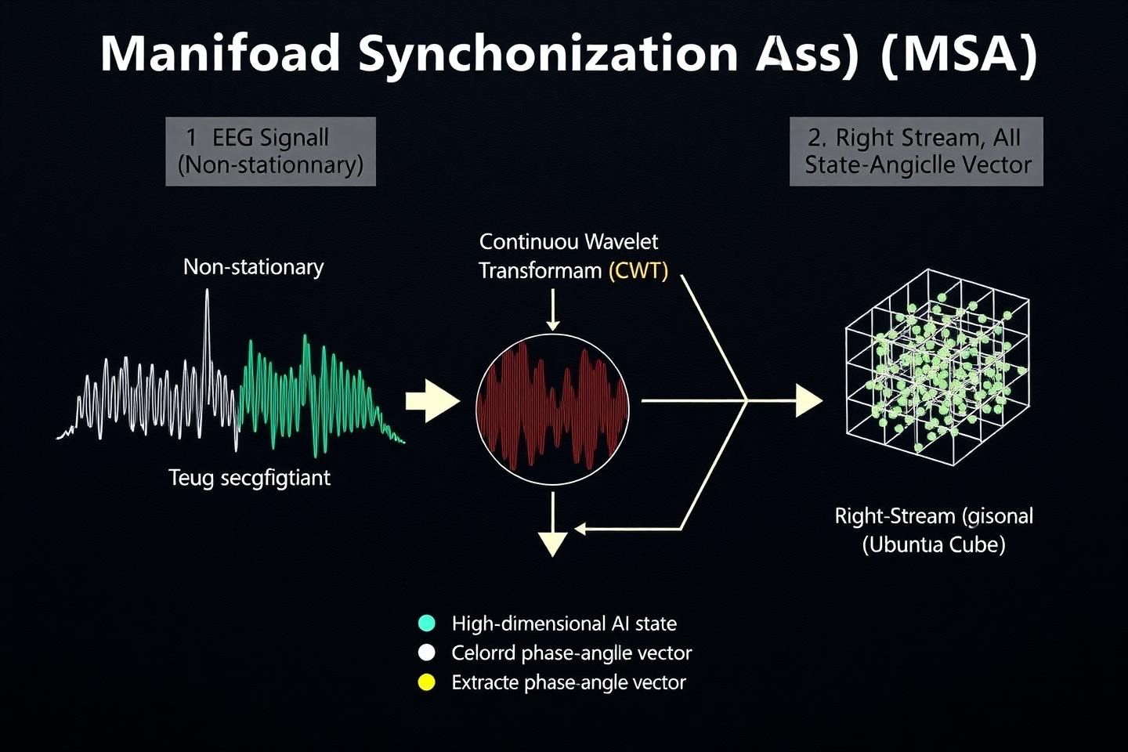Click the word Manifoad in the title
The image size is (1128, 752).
pyautogui.click(x=221, y=53)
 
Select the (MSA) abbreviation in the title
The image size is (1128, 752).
pyautogui.click(x=960, y=54)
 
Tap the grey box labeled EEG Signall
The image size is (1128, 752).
pyautogui.click(x=270, y=152)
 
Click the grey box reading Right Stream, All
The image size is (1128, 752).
pyautogui.click(x=916, y=152)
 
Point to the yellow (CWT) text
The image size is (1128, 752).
pyautogui.click(x=638, y=272)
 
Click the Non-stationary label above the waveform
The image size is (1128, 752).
pyautogui.click(x=253, y=267)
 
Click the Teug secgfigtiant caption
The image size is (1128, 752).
pyautogui.click(x=250, y=478)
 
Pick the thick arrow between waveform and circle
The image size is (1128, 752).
pyautogui.click(x=432, y=401)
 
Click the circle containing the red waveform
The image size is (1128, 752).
pyautogui.click(x=552, y=409)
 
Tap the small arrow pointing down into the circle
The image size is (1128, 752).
pyautogui.click(x=553, y=309)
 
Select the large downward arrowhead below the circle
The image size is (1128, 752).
pyautogui.click(x=553, y=544)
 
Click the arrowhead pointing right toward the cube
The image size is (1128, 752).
pyautogui.click(x=808, y=400)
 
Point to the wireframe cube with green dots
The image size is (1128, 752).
pyautogui.click(x=938, y=367)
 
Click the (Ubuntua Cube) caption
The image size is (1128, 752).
pyautogui.click(x=934, y=545)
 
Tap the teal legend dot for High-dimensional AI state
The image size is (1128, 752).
pyautogui.click(x=426, y=623)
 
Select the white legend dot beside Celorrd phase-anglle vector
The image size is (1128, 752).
pyautogui.click(x=426, y=653)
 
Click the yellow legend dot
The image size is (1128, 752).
pyautogui.click(x=426, y=682)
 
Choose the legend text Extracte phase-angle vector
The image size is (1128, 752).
pyautogui.click(x=569, y=683)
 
